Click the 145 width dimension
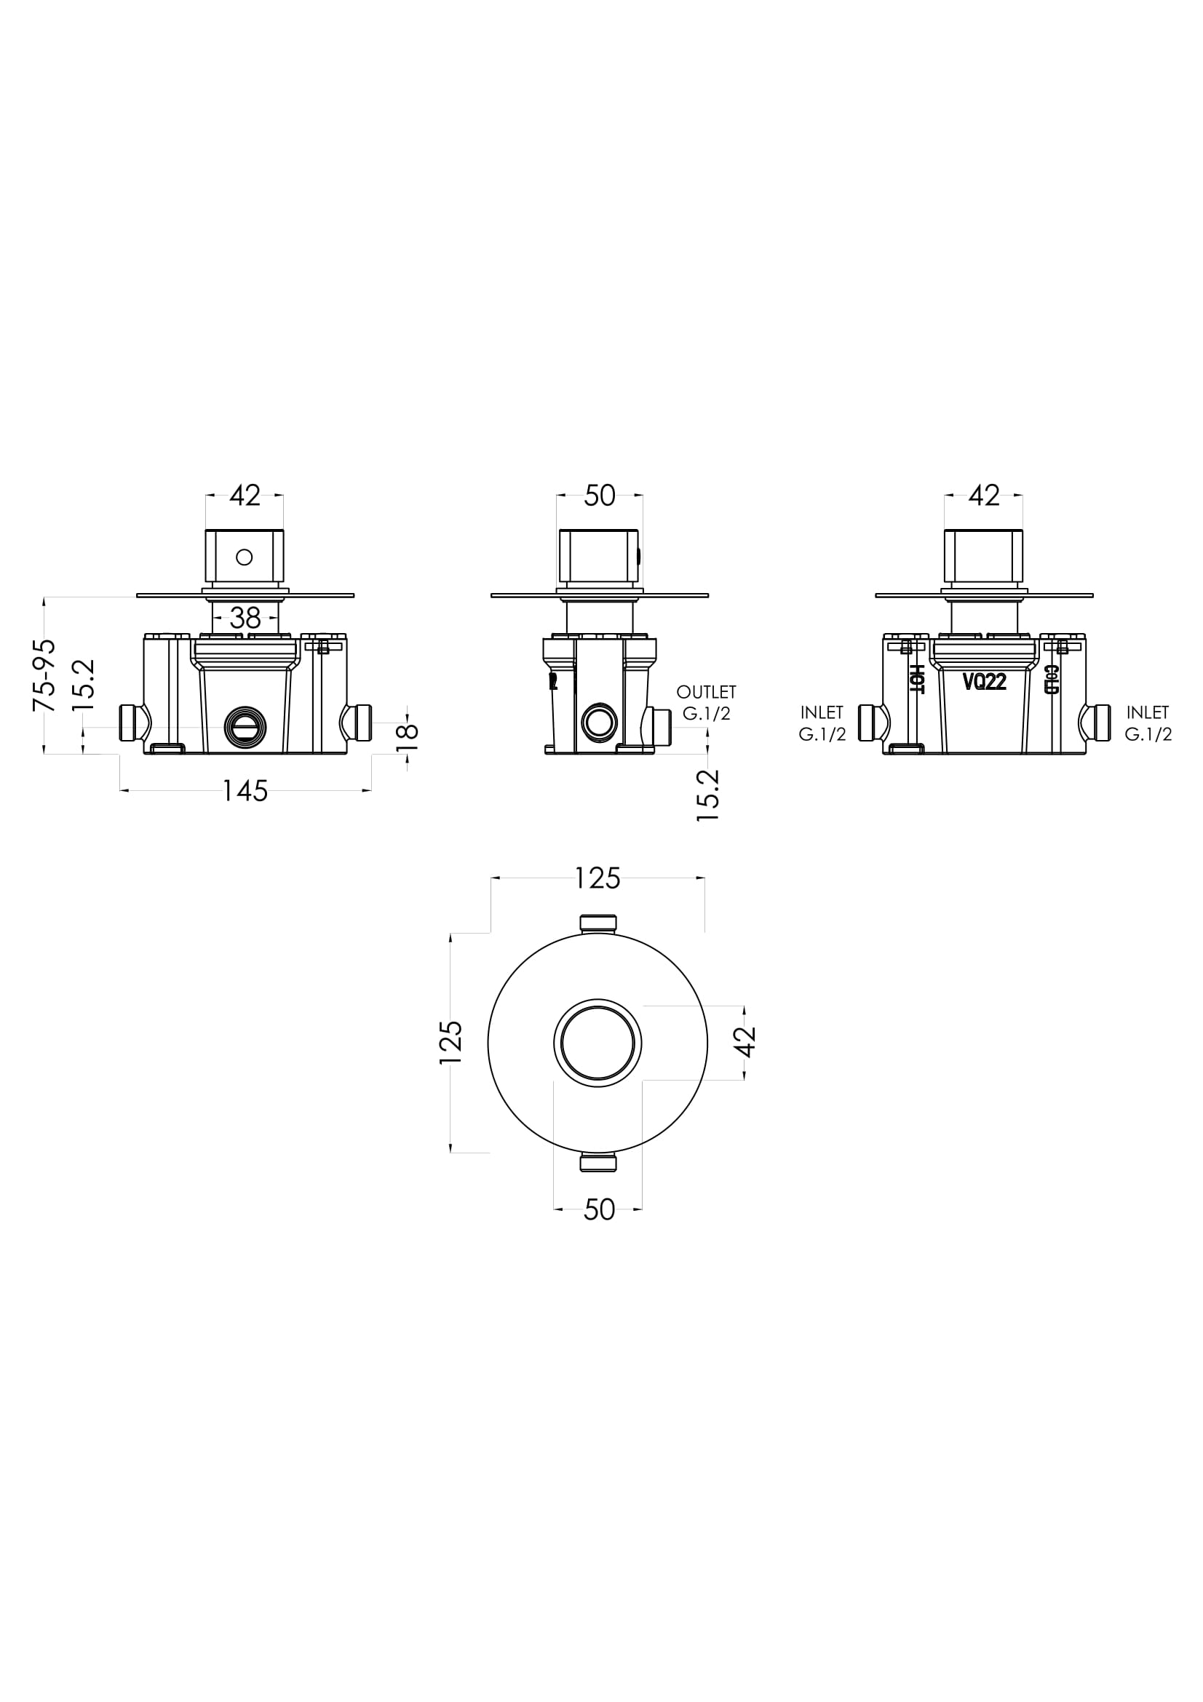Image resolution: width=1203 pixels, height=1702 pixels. tap(245, 792)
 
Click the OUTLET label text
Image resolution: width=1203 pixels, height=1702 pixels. tap(707, 692)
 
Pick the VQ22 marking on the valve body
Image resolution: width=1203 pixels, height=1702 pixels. tap(985, 681)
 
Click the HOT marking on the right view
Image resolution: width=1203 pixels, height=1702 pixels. tap(916, 679)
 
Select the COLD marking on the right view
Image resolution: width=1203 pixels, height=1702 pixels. tap(1051, 679)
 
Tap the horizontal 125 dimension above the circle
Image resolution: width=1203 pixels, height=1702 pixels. tap(597, 879)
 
